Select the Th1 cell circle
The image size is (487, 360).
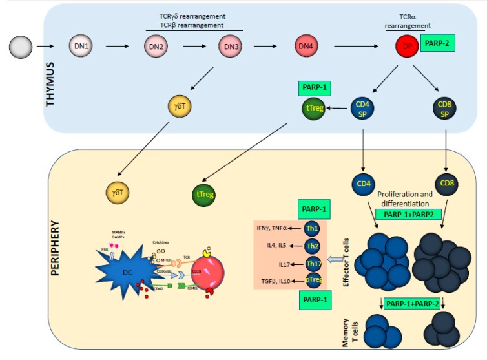pos(315,228)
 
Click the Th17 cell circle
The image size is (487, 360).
pos(315,264)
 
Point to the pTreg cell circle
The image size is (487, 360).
pos(315,282)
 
